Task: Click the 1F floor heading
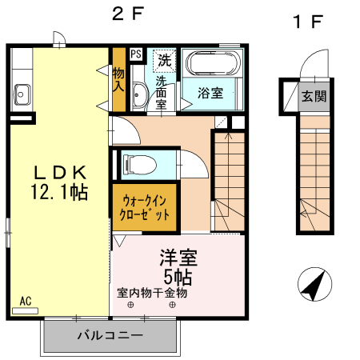coord(307,22)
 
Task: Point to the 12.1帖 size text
coord(59,192)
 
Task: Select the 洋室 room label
coord(178,258)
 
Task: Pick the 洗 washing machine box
coord(163,58)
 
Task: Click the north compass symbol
coord(314,286)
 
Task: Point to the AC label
coord(26,301)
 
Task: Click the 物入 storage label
coord(118,77)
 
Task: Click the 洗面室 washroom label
coord(161,92)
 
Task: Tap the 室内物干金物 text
coord(151,293)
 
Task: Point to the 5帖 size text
coord(178,277)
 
